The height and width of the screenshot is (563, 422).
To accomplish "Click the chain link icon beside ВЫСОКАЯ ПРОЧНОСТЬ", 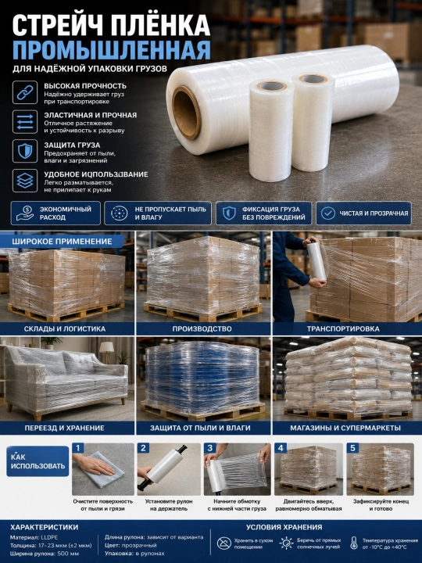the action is (25, 92).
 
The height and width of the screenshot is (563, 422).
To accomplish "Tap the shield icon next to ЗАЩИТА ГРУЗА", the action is (25, 151).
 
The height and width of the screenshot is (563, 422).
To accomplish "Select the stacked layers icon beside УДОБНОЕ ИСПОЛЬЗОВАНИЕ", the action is (25, 181).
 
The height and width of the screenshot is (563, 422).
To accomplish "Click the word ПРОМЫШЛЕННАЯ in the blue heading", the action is (111, 50).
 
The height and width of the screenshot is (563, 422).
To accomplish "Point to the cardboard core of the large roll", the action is (186, 113).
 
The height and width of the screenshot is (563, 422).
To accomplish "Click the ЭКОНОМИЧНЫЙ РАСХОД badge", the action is (55, 213).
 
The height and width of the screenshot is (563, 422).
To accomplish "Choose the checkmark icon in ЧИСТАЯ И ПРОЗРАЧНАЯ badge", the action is (328, 213).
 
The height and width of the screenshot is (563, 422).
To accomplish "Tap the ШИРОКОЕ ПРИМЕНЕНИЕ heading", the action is (62, 242).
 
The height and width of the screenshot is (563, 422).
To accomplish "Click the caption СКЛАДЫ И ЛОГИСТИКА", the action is (65, 328).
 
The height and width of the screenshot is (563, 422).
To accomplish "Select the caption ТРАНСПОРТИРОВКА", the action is (343, 328).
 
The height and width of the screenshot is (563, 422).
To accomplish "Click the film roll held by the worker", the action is (316, 261).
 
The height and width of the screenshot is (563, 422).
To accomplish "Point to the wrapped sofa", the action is (66, 382).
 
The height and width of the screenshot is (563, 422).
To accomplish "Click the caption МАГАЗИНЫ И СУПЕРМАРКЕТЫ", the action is (345, 428).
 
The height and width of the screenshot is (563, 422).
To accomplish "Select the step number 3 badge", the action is (210, 448).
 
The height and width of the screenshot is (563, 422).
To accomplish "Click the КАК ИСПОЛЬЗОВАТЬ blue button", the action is (38, 461).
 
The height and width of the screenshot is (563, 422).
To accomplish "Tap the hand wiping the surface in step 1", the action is (93, 464).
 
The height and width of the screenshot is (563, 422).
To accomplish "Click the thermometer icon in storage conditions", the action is (354, 543).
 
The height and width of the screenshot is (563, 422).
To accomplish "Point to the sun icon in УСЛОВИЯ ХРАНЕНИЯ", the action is (286, 543).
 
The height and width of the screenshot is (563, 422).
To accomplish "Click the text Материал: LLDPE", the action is (34, 537).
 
